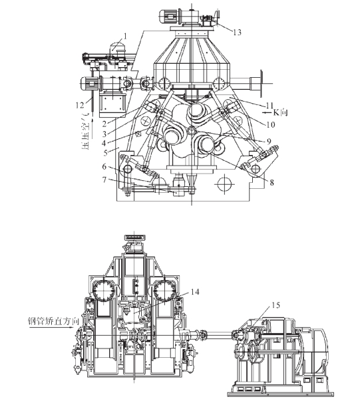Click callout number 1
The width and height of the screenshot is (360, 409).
click(x=125, y=36)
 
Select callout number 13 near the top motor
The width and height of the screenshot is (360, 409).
click(x=237, y=33)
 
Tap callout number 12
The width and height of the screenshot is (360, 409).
click(x=80, y=105)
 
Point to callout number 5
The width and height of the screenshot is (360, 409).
click(x=105, y=152)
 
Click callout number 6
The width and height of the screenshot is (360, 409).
click(x=104, y=166)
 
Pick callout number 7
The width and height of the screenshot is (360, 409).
click(x=104, y=180)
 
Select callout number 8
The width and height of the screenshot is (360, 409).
click(x=271, y=183)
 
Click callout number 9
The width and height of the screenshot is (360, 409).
click(x=269, y=142)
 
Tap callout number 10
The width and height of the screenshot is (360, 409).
click(x=271, y=124)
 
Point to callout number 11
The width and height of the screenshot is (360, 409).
click(x=270, y=106)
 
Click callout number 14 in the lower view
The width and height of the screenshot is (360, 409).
click(x=195, y=292)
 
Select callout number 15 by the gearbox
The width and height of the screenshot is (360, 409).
click(x=275, y=305)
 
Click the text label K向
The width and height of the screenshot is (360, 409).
click(x=280, y=112)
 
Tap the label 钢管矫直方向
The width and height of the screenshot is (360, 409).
click(x=53, y=321)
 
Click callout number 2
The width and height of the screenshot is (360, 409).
click(x=104, y=124)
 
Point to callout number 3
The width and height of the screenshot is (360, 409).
click(x=104, y=134)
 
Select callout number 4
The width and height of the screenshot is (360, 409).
click(x=104, y=143)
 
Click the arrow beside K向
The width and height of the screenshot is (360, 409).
click(x=268, y=112)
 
